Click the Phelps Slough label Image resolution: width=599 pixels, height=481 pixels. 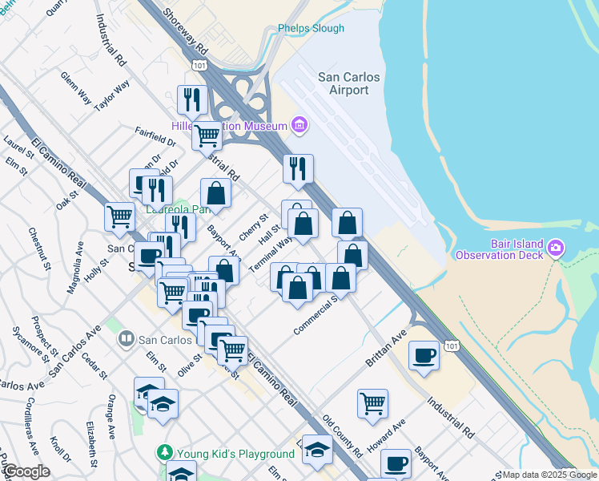[x=311, y=29]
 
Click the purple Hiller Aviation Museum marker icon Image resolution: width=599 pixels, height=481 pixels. [x=299, y=124]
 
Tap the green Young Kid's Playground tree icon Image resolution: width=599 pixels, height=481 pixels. [x=165, y=453]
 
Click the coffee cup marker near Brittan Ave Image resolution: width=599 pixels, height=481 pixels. [x=424, y=354]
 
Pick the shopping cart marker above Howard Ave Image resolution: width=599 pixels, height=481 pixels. [x=372, y=403]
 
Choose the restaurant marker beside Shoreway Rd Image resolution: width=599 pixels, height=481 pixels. [x=191, y=99]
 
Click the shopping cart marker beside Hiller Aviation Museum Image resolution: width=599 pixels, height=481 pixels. [x=207, y=135]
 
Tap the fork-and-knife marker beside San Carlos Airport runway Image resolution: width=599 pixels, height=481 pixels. [x=298, y=168]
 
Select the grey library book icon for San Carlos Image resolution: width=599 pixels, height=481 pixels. [x=126, y=339]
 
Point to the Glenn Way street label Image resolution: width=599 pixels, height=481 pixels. [x=76, y=87]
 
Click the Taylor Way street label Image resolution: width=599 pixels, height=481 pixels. [x=111, y=95]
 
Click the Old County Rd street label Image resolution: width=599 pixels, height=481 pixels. [x=343, y=433]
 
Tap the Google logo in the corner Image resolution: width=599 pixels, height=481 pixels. [x=27, y=471]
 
